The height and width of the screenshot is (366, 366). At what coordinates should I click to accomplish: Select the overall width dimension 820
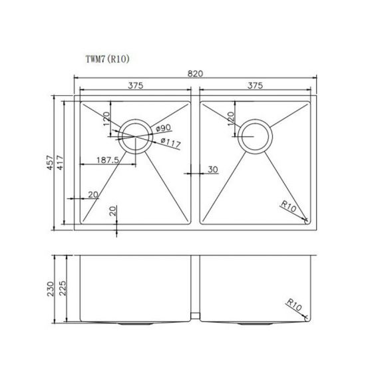pyautogui.click(x=196, y=73)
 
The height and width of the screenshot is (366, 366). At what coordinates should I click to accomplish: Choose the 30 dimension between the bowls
pyautogui.click(x=213, y=170)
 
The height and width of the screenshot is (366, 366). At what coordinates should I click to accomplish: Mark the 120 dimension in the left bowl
pyautogui.click(x=105, y=120)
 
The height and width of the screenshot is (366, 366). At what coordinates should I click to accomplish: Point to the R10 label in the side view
pyautogui.click(x=295, y=305)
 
